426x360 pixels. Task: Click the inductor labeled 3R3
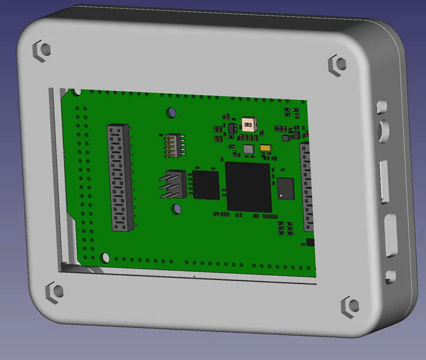click(x=248, y=124)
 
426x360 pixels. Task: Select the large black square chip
click(x=248, y=187)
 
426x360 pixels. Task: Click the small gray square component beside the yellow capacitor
click(x=248, y=149)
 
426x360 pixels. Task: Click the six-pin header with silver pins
click(x=174, y=184)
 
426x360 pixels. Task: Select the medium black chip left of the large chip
click(x=206, y=185)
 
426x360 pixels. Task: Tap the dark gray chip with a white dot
click(x=285, y=188)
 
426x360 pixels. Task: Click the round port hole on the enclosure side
click(x=383, y=131)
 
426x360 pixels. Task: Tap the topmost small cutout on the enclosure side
click(x=381, y=107)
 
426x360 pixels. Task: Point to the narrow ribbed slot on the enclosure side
click(x=384, y=183)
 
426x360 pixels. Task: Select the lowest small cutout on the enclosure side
click(x=391, y=277)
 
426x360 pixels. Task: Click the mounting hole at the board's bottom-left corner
click(x=105, y=257)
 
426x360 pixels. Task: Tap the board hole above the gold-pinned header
click(x=171, y=112)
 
